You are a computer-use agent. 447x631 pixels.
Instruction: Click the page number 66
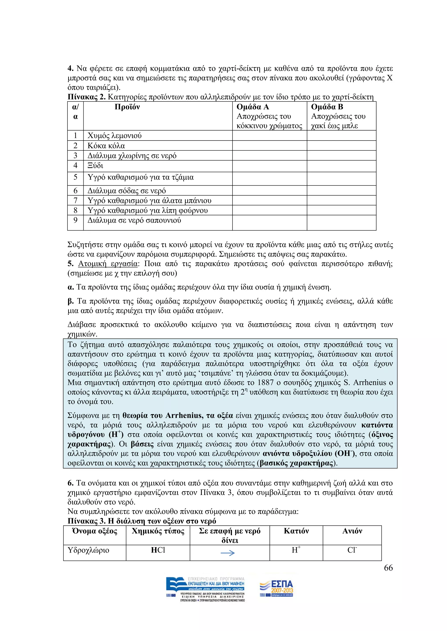(388, 568)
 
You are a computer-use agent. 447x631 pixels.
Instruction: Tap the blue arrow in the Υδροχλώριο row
(228, 553)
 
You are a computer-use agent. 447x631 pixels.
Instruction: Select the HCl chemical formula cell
(158, 550)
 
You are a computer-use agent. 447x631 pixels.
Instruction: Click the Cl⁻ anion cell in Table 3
(352, 550)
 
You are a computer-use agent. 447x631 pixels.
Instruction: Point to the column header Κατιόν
(296, 531)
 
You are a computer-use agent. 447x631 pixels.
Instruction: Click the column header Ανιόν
(352, 531)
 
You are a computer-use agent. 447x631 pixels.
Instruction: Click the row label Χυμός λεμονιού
(115, 136)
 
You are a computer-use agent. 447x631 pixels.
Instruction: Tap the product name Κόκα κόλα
(106, 146)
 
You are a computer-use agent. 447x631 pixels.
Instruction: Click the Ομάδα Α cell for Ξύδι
(270, 166)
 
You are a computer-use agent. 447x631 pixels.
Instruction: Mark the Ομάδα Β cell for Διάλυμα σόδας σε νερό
(341, 190)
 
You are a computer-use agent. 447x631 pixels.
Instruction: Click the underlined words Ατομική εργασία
(108, 264)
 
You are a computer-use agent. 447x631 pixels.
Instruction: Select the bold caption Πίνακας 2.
(86, 97)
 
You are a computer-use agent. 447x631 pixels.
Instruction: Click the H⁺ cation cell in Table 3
(296, 550)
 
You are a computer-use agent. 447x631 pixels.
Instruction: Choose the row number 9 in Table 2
(76, 220)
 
